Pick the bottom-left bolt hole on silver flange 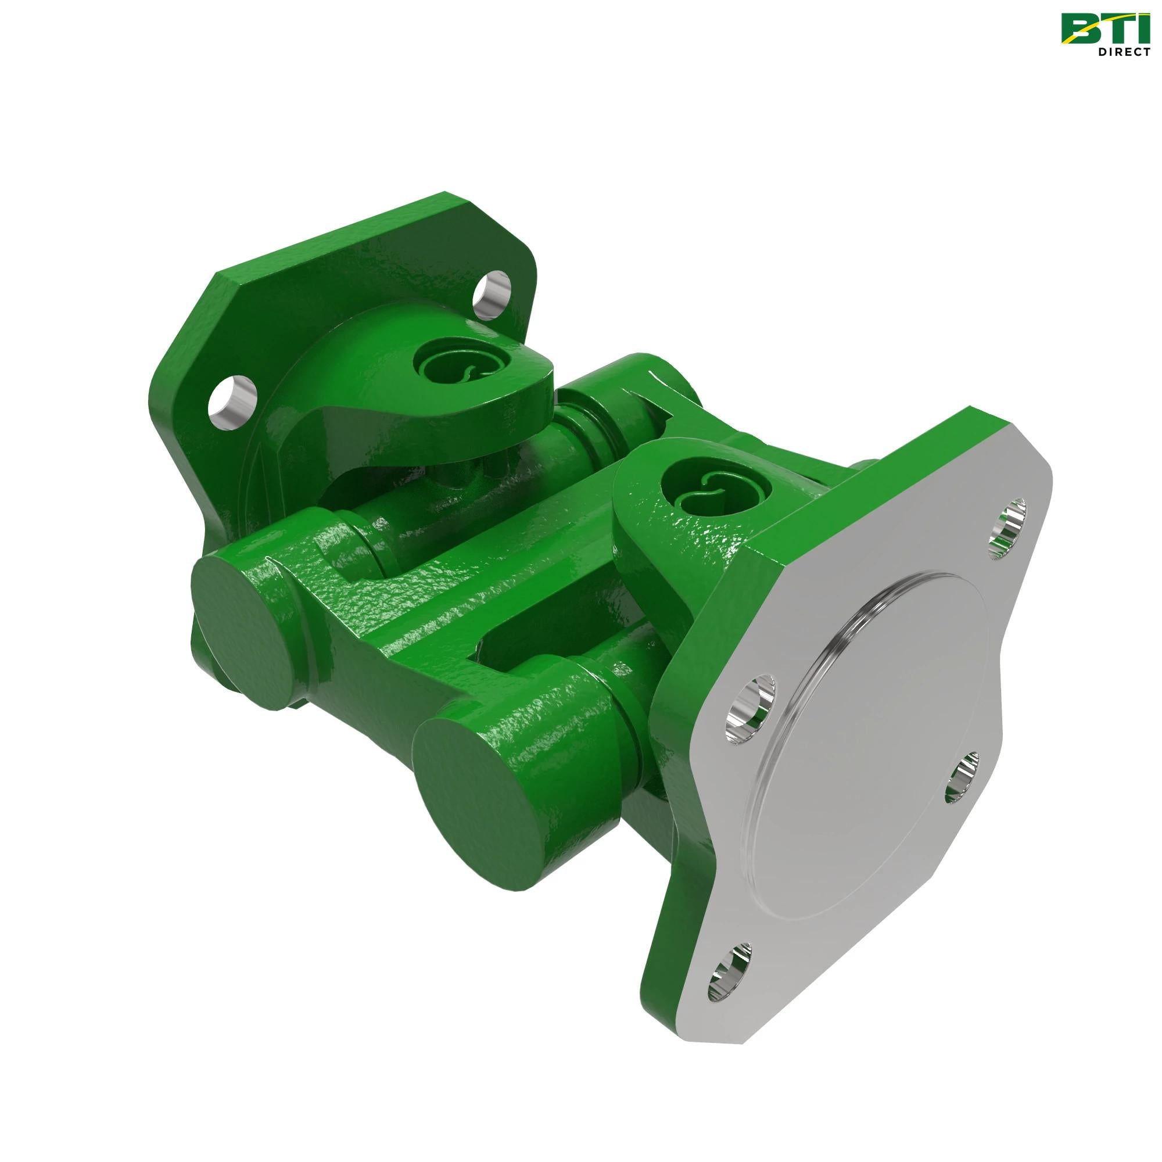(729, 980)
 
